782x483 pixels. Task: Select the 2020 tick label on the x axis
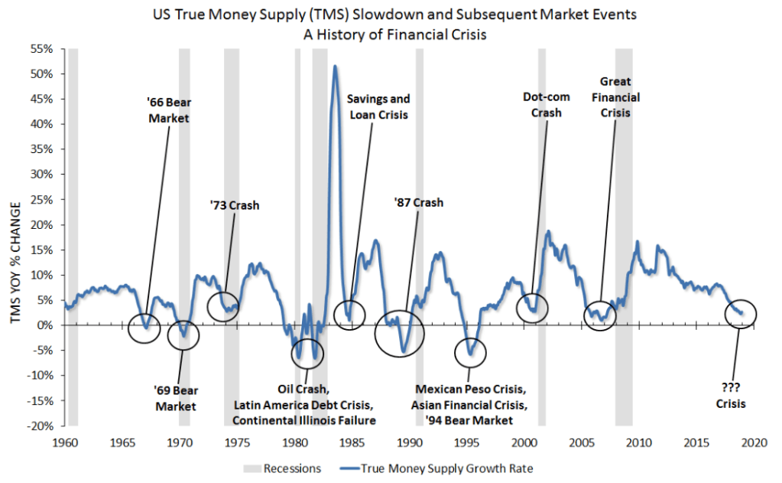tap(754, 442)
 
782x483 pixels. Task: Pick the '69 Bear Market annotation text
tap(176, 398)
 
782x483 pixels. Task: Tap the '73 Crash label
tap(235, 204)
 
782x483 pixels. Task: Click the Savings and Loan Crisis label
tap(378, 106)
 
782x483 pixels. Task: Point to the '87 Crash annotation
tap(418, 203)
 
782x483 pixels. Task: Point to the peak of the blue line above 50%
tap(335, 67)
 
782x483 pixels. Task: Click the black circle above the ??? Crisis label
tap(738, 313)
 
